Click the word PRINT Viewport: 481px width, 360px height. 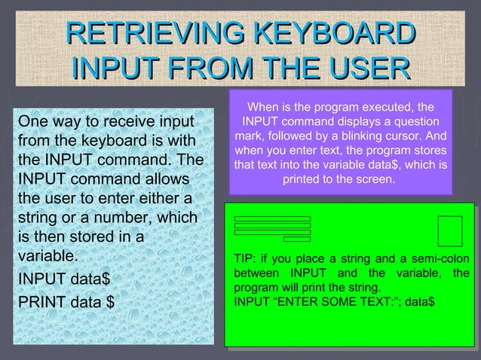click(x=41, y=303)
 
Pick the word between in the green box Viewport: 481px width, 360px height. click(x=254, y=273)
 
